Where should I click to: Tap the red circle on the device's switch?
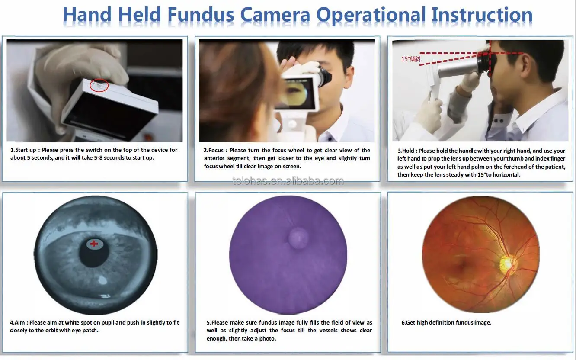(99, 86)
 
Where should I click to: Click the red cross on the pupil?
(94, 244)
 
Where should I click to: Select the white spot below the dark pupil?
(103, 280)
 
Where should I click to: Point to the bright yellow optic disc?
(506, 263)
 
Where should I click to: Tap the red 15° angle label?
(410, 59)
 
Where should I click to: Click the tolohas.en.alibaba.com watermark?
(288, 181)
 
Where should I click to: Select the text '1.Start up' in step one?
(24, 150)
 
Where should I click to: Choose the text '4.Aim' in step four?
(19, 323)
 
